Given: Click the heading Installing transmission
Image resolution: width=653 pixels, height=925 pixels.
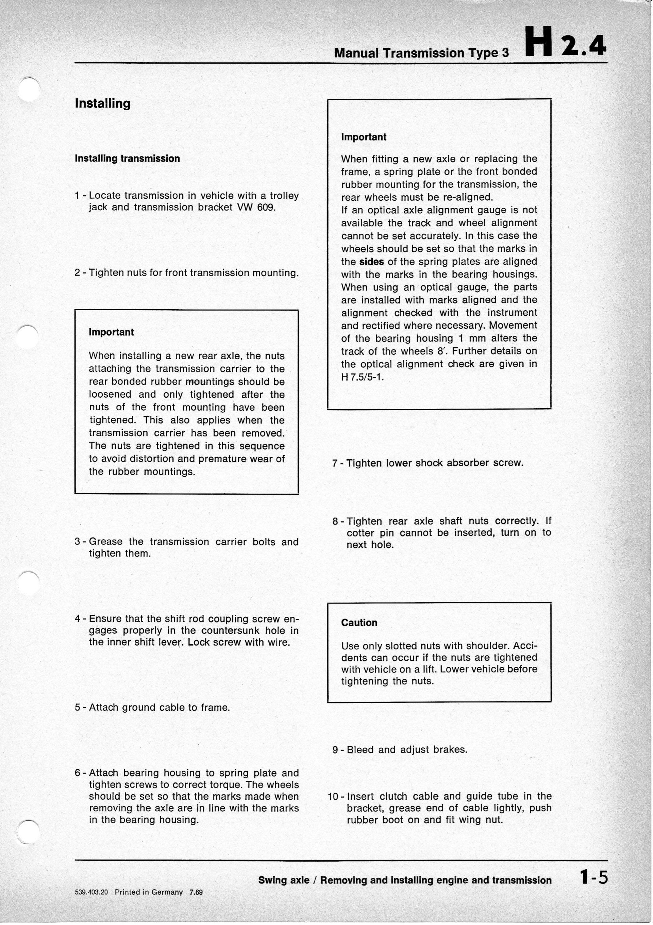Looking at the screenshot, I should [x=127, y=158].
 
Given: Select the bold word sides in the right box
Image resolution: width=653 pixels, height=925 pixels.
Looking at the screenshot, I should [x=371, y=262].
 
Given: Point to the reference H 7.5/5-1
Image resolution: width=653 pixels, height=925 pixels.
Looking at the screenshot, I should [x=363, y=377].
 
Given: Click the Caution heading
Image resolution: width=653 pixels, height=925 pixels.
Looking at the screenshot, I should [x=359, y=623].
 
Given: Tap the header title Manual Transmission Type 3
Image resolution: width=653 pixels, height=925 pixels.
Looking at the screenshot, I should [x=421, y=53].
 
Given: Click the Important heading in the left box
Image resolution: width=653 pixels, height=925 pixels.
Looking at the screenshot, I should [x=111, y=332].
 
